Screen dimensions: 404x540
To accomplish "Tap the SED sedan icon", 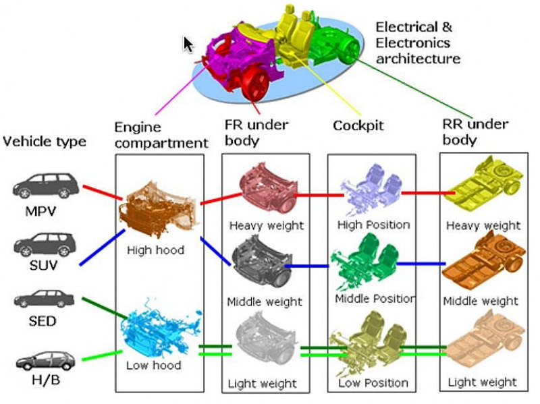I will click(40, 299).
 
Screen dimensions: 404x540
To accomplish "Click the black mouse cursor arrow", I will click(188, 45).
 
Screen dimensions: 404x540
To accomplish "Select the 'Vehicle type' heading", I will click(45, 141).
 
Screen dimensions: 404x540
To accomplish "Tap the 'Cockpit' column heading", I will click(358, 125).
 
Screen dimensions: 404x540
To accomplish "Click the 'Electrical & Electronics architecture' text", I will click(417, 43).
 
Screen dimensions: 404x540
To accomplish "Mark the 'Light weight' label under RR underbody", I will click(482, 382).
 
